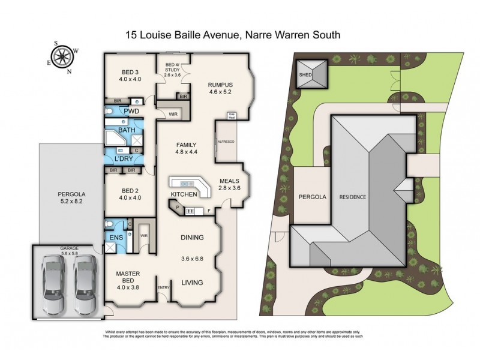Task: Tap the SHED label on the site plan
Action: point(307,76)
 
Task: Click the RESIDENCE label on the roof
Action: point(353,197)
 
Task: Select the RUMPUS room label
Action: point(220,85)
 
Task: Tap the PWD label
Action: point(132,111)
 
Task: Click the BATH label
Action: point(127,130)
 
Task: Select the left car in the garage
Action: point(53,284)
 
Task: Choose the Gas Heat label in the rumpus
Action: point(231,115)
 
